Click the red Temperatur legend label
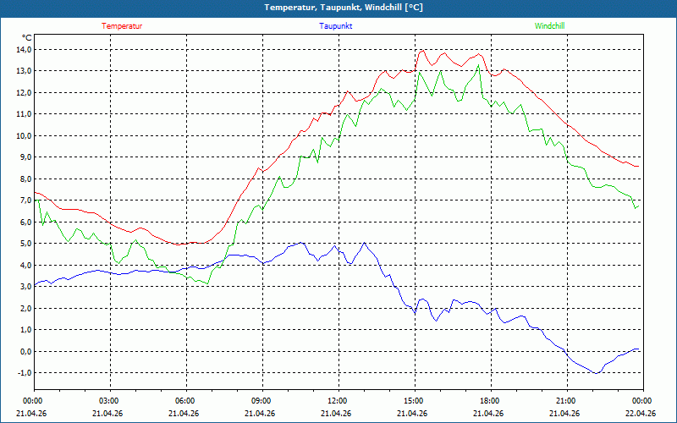tap(122, 26)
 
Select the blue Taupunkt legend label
tap(335, 26)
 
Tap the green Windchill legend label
tap(549, 26)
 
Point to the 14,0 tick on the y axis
tap(25, 50)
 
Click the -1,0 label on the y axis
tap(25, 372)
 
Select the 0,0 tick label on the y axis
tap(25, 351)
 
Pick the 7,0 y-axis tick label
tap(25, 201)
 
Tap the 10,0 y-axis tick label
tap(25, 135)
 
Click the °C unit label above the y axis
tap(27, 37)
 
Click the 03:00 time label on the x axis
tap(111, 401)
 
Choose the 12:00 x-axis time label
tap(339, 401)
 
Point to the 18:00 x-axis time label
tap(492, 401)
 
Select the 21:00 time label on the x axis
tap(567, 401)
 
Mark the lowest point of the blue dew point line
tap(597, 373)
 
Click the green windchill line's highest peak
tap(478, 65)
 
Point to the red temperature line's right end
tap(639, 166)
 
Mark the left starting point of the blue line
tap(35, 285)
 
